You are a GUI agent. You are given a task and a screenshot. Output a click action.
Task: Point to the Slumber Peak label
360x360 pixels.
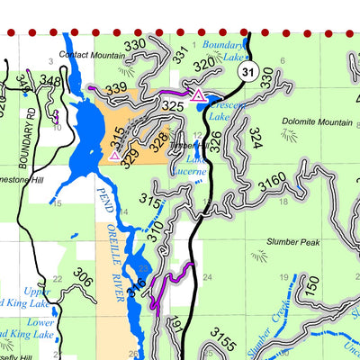[292, 243]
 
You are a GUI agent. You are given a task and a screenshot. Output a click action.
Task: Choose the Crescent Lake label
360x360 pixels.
[220, 110]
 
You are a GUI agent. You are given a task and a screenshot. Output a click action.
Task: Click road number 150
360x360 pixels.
[311, 287]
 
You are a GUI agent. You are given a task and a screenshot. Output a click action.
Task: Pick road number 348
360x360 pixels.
[50, 83]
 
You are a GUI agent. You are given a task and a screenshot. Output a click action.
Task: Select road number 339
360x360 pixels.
[116, 88]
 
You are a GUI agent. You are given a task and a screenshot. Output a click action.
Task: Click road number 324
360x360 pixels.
[255, 138]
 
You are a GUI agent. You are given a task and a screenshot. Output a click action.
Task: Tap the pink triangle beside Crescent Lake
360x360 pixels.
[197, 94]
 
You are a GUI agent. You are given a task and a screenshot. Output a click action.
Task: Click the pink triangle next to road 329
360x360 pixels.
[114, 155]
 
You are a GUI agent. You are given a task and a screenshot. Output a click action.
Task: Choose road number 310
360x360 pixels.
[158, 235]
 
